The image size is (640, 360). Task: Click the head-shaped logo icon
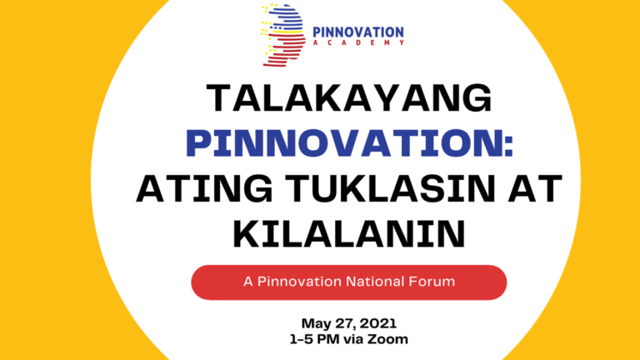[283, 35]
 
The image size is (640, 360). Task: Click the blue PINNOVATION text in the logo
[358, 32]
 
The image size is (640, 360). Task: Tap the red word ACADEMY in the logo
[358, 42]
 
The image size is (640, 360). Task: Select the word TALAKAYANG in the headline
[349, 98]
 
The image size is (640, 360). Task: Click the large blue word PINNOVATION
[345, 142]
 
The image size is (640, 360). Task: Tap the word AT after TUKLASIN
[536, 188]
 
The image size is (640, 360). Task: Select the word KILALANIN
[349, 234]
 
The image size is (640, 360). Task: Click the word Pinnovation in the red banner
[299, 282]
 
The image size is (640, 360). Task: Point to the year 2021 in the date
[378, 323]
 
